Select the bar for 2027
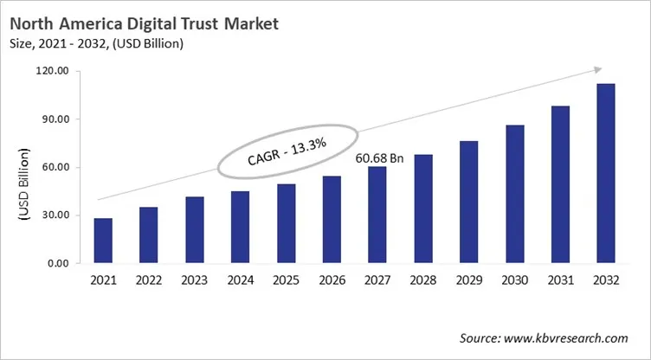[377, 215]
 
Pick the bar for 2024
[240, 227]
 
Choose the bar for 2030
[514, 194]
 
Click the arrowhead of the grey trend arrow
[597, 70]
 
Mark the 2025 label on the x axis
[286, 280]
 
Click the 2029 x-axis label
[468, 280]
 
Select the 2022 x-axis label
[149, 280]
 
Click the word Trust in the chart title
[213, 24]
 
